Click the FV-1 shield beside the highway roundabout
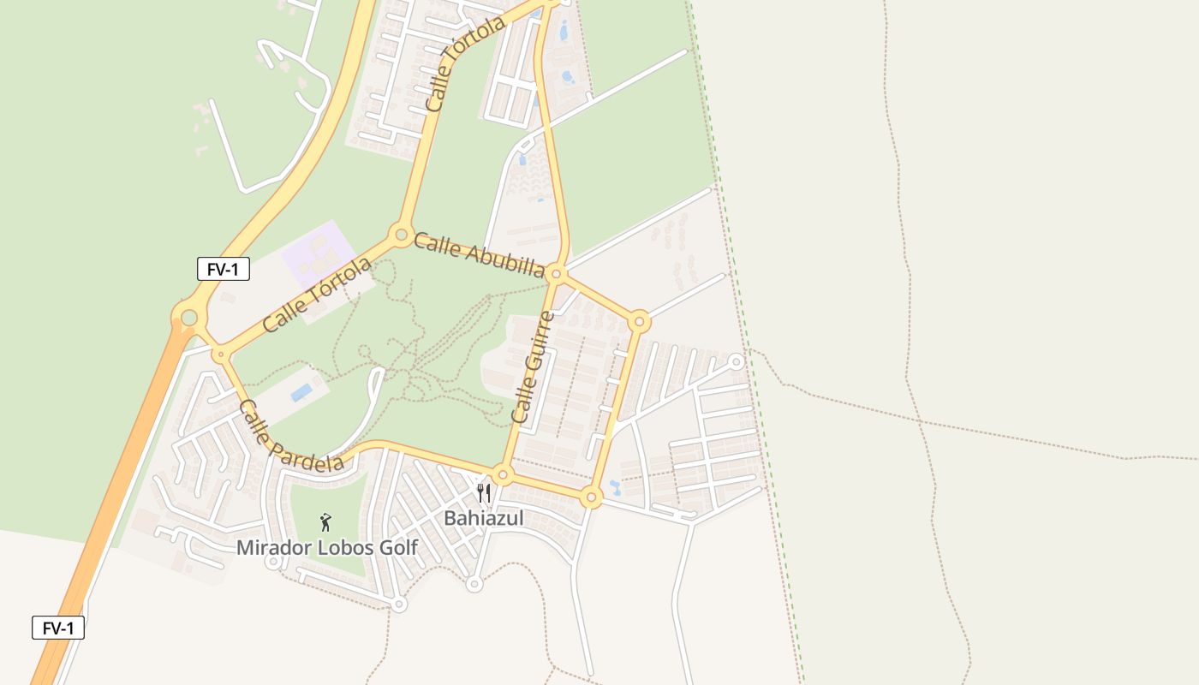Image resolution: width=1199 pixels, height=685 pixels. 224,269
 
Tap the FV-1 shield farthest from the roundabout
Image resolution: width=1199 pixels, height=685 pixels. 58,628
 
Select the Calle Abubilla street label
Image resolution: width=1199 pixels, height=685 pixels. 479,254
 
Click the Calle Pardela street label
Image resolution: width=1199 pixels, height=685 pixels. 290,437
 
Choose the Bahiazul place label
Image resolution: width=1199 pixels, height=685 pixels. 483,518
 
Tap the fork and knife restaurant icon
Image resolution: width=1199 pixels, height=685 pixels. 484,493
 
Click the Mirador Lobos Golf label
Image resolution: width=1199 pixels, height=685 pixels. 327,547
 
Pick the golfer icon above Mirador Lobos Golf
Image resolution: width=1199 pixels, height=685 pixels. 325,521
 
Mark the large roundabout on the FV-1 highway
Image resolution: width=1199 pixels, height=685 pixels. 188,318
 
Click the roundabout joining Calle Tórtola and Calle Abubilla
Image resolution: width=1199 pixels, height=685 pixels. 400,234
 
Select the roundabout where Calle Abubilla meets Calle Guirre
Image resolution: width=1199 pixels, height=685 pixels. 556,274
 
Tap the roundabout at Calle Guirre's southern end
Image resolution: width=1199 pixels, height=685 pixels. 503,474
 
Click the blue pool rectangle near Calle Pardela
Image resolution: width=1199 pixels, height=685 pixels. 301,392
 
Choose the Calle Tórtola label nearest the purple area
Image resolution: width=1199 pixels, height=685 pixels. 317,295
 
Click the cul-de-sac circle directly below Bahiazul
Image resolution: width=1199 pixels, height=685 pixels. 474,584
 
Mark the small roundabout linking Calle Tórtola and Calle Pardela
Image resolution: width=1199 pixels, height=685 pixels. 221,354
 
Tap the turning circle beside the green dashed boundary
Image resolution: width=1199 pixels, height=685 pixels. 736,362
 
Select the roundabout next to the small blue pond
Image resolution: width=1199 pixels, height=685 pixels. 590,497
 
